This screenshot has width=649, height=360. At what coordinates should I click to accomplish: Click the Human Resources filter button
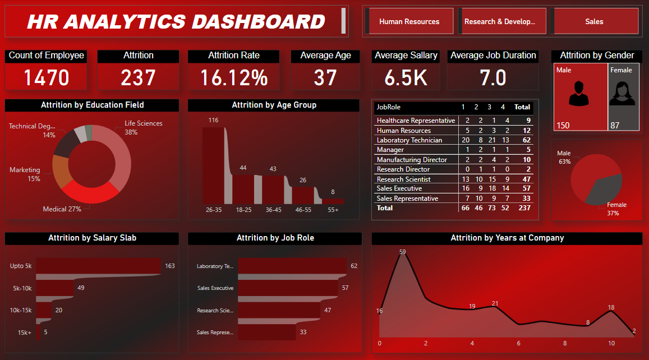click(409, 22)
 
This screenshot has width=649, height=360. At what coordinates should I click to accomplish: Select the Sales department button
click(594, 22)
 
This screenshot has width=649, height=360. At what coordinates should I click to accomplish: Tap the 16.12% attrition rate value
click(233, 77)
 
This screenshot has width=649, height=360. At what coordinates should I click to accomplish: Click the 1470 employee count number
click(46, 77)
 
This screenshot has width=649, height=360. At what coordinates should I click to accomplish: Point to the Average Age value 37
click(325, 77)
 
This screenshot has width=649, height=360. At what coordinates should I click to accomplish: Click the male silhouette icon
click(579, 94)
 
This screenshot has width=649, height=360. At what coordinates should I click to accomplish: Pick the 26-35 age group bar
click(213, 165)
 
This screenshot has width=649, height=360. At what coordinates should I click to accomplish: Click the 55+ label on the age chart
click(333, 210)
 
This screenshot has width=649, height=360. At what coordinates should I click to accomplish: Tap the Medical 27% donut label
click(62, 209)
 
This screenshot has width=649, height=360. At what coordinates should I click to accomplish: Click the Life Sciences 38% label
click(143, 128)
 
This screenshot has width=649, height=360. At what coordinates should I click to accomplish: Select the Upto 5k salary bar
click(99, 266)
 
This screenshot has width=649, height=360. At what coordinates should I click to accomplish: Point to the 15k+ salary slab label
click(24, 333)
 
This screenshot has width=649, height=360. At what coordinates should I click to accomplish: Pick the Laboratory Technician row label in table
click(409, 140)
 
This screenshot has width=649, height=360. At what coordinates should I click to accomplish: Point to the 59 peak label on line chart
click(402, 252)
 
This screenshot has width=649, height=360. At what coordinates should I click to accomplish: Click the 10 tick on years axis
click(611, 343)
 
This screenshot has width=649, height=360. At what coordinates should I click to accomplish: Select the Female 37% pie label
click(616, 209)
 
